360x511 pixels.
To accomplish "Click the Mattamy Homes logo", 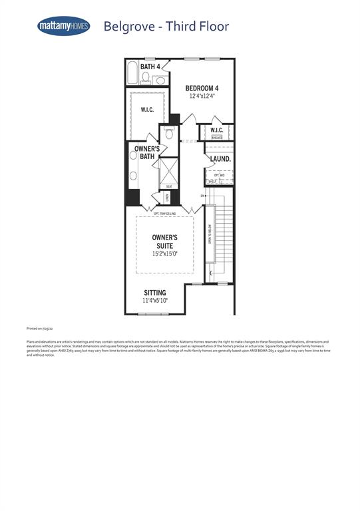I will point(64,27).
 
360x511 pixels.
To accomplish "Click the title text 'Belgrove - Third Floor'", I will point(166,27).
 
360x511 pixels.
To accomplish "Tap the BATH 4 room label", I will point(150,67).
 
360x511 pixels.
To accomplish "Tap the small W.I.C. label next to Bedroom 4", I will point(217,130).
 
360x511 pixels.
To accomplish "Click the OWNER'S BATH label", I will point(146,152).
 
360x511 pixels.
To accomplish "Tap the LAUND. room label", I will point(220,160).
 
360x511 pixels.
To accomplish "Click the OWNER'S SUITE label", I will point(164,241).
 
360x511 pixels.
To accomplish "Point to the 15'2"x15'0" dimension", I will point(164,254).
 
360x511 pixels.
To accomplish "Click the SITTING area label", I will point(155,293).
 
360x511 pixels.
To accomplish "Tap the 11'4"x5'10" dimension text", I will point(155,301).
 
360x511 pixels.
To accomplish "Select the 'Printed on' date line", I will point(39,328).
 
